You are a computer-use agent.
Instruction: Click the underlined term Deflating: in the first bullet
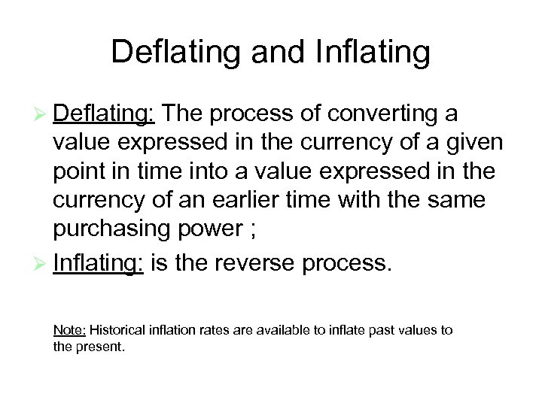(105, 114)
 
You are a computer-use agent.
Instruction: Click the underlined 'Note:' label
(70, 330)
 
